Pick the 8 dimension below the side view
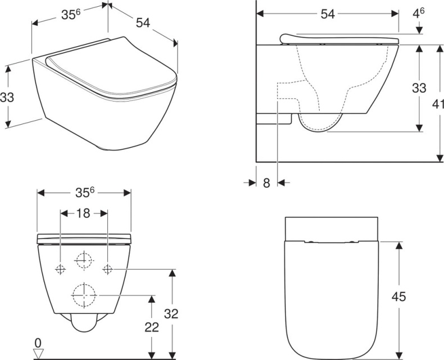(266, 183)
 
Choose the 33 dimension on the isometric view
(7, 97)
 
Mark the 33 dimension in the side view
(419, 88)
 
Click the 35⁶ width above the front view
(84, 192)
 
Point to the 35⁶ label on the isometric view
(70, 15)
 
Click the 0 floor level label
(38, 341)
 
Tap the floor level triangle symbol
(38, 353)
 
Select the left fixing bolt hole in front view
(60, 270)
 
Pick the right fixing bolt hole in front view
(108, 270)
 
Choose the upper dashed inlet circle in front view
(84, 260)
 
